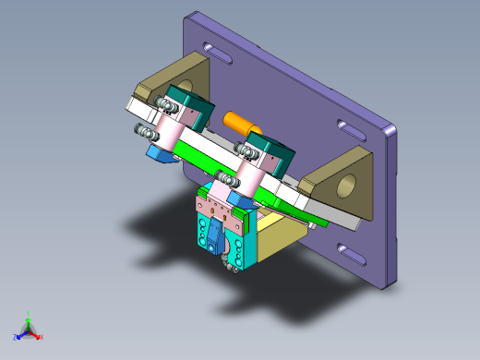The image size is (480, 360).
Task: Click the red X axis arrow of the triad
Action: coord(39,336)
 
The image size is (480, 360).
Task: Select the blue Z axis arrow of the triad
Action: coord(18,336)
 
